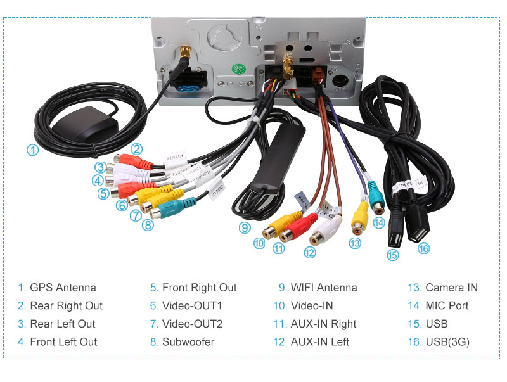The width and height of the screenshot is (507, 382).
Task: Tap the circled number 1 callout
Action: (32, 150)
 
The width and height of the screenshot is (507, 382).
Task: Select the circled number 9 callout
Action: (245, 227)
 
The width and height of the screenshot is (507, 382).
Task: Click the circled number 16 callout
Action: (423, 248)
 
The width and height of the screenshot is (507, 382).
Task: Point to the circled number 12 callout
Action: (309, 252)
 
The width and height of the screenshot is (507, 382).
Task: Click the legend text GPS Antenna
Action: (63, 288)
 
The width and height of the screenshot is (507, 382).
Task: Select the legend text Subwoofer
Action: (188, 342)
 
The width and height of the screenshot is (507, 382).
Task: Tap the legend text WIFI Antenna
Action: (324, 288)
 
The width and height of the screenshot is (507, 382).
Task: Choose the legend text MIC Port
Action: (447, 305)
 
